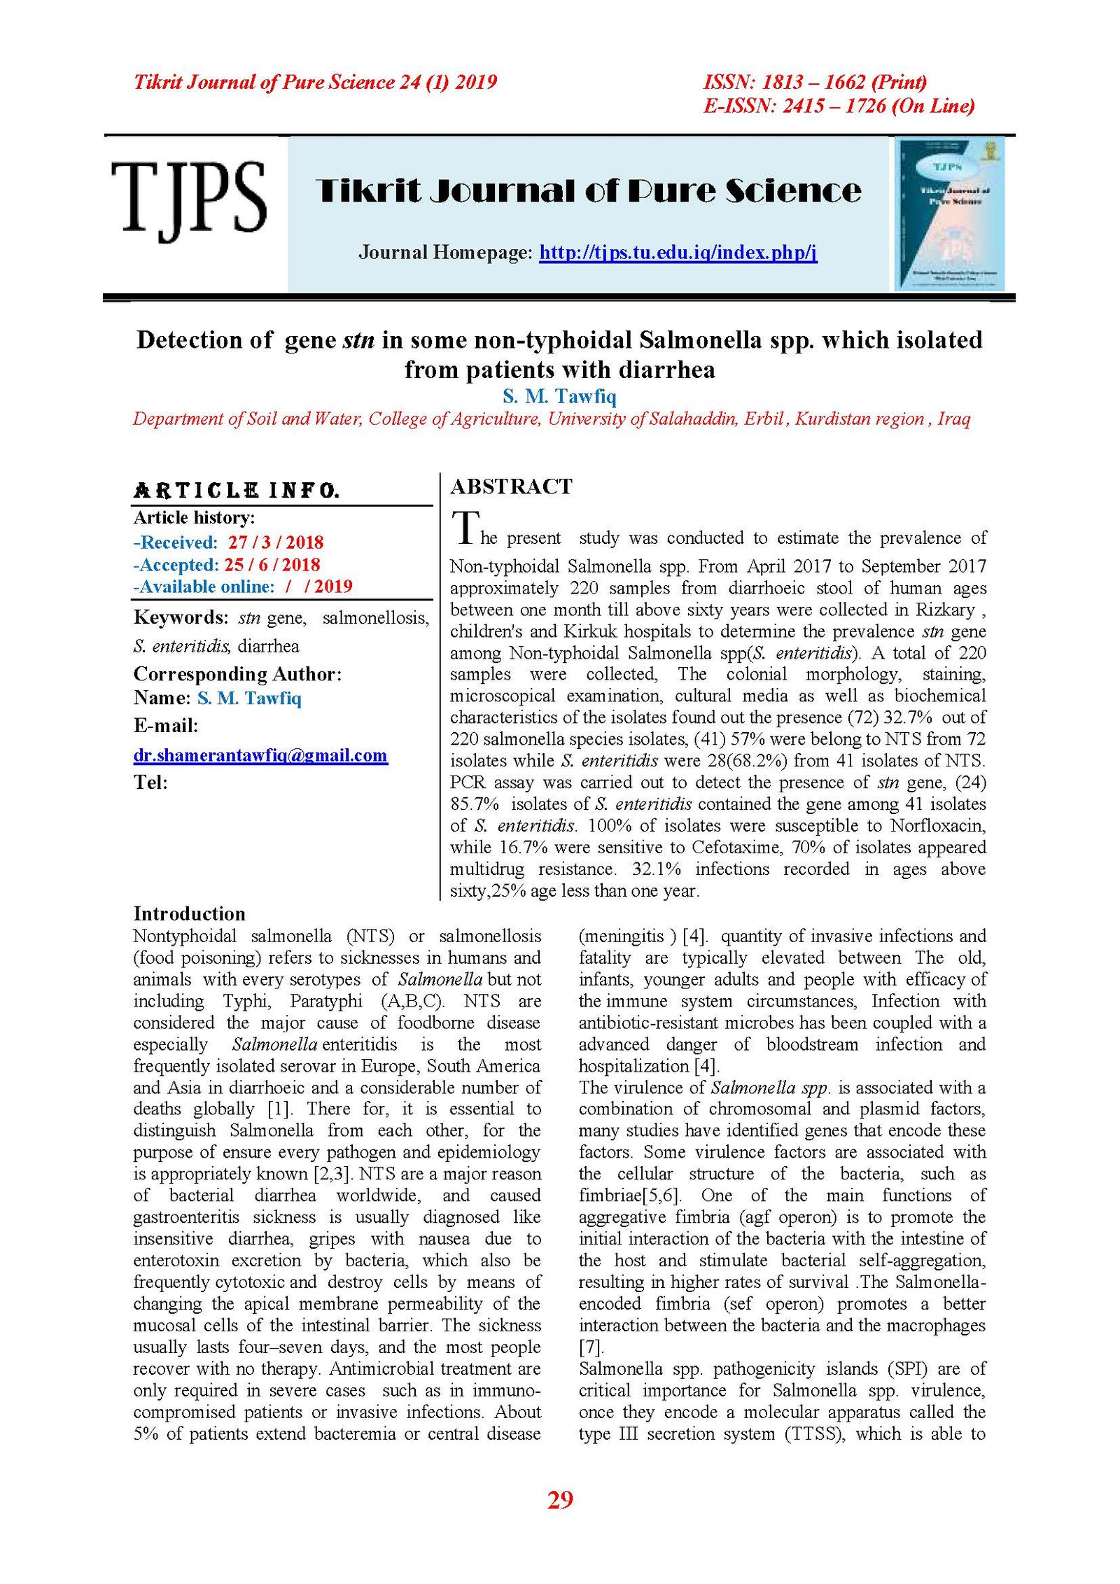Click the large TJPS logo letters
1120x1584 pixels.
(x=188, y=199)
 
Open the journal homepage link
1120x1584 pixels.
(x=678, y=253)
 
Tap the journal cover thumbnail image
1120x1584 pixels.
(x=950, y=213)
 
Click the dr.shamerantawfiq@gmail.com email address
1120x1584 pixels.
(x=260, y=755)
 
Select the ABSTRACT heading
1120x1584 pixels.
(x=511, y=486)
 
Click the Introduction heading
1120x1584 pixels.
(x=190, y=913)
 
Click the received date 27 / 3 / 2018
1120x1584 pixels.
(x=276, y=542)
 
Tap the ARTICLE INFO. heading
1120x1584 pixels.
(x=237, y=491)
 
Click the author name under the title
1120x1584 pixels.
(x=559, y=397)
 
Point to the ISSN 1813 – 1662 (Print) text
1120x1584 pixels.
(x=815, y=83)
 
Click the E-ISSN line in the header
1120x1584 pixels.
(x=839, y=106)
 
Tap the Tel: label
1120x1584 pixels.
(x=150, y=783)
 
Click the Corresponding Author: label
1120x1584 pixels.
(x=237, y=674)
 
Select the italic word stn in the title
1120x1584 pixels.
(x=358, y=340)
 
